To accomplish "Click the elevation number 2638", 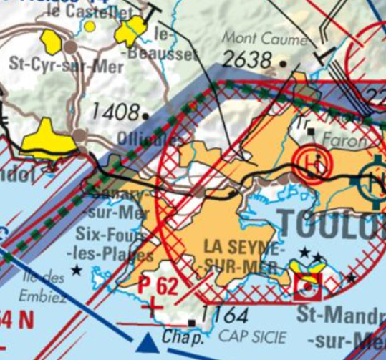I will [x=247, y=60].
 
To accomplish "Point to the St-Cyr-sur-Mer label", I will [x=66, y=65].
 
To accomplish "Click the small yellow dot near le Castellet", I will [x=90, y=26].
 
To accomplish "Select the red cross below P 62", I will [x=151, y=308].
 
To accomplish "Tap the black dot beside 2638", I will [x=284, y=64].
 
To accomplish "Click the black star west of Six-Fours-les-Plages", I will [x=77, y=270].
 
